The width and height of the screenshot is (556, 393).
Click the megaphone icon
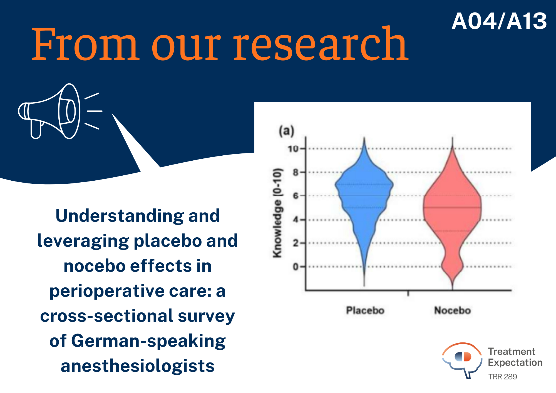(60, 111)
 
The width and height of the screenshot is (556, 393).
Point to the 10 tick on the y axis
(292, 149)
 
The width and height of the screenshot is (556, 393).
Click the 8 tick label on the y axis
(295, 172)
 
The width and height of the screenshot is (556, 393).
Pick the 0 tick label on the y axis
(295, 267)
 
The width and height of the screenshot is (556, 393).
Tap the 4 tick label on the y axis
(295, 220)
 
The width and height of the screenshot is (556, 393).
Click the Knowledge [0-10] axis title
(277, 213)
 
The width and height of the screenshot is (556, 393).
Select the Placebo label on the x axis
(365, 310)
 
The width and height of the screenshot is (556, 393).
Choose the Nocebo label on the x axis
(452, 310)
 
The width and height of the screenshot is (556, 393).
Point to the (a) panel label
(286, 131)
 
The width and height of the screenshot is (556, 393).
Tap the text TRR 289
(503, 377)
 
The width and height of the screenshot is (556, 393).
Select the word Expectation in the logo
(515, 363)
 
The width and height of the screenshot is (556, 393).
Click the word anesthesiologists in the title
(138, 366)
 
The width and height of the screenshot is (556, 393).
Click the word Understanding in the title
(120, 216)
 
